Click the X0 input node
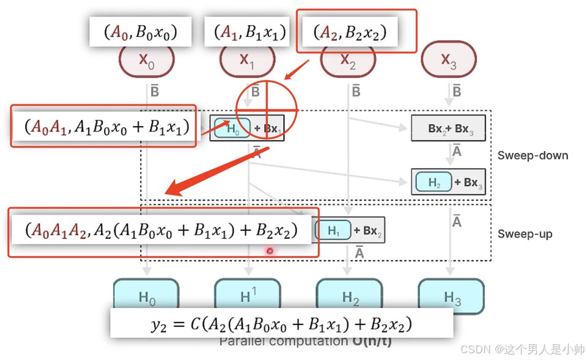tap(147, 60)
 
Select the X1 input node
tap(246, 60)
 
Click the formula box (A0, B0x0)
tap(140, 31)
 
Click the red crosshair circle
tap(267, 110)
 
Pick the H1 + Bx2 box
tap(349, 230)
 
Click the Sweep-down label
tap(532, 155)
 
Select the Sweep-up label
tap(525, 234)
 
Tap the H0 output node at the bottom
tap(147, 297)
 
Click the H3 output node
tap(452, 297)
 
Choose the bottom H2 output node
tap(350, 297)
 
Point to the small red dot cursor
tap(269, 251)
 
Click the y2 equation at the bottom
tap(281, 323)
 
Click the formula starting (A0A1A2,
tap(162, 230)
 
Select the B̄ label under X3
tap(456, 92)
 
